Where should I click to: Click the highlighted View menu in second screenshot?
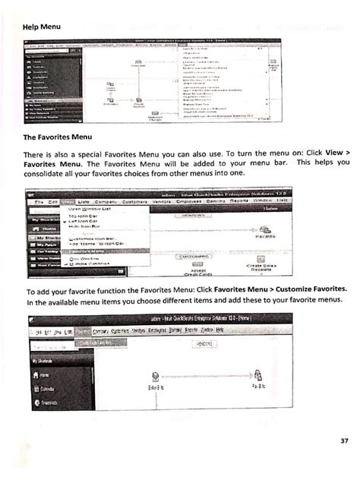(x=69, y=201)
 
